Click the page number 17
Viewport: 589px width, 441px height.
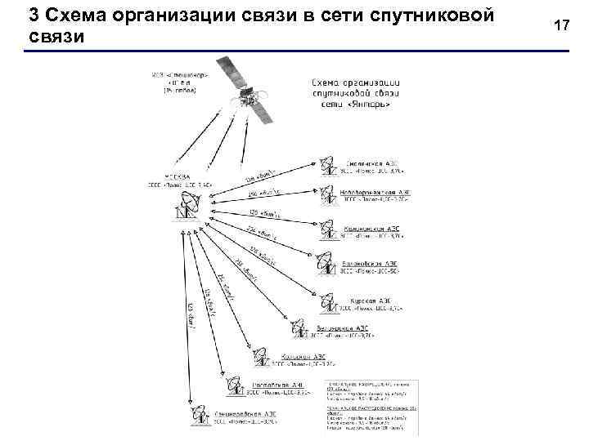[x=561, y=26]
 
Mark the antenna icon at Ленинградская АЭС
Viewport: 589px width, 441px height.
[x=199, y=416]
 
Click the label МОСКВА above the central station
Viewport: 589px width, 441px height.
[x=177, y=176]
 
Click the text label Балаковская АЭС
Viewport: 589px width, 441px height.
[x=368, y=264]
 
